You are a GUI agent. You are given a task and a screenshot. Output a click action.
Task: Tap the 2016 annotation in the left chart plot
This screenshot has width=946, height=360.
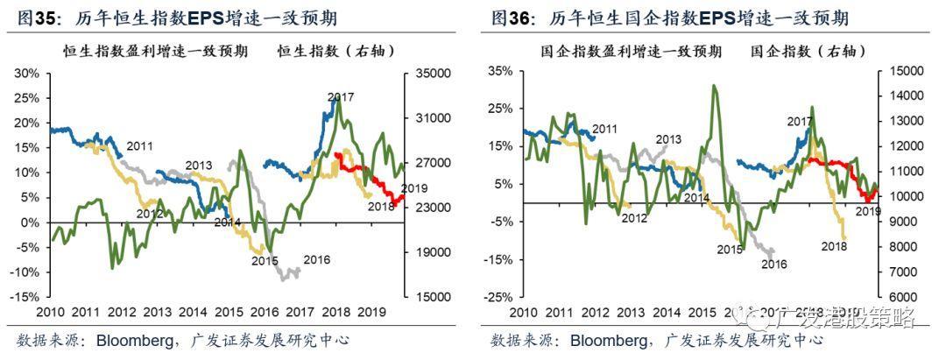point(318,259)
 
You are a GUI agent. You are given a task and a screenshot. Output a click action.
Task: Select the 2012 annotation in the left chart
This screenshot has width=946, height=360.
point(150,213)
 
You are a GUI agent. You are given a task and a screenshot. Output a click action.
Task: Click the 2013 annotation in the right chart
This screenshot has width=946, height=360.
point(668,138)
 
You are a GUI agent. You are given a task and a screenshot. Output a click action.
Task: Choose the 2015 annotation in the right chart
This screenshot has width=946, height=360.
point(730,250)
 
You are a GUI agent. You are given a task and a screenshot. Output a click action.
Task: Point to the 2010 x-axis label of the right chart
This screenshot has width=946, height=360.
point(523,312)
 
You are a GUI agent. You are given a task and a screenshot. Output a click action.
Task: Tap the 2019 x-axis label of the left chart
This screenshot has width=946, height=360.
point(374,312)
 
